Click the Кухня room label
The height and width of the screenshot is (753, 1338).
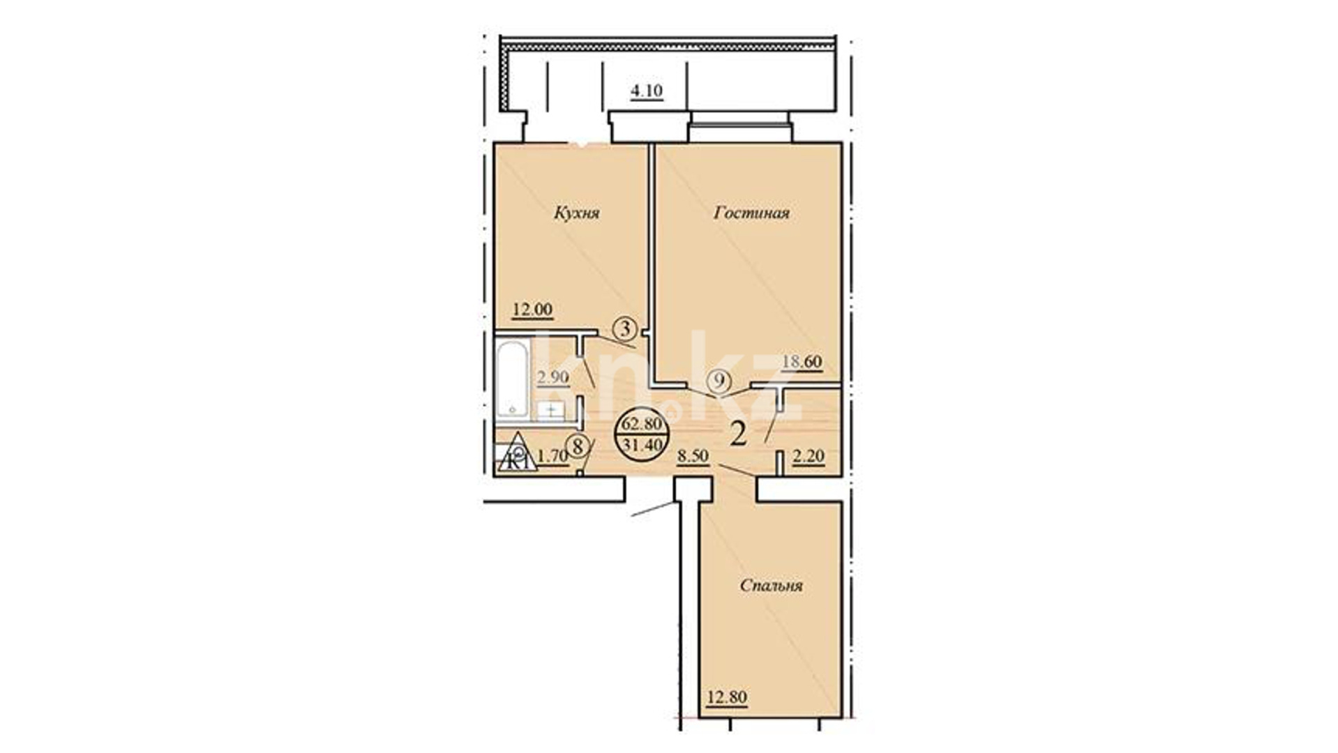pos(577,212)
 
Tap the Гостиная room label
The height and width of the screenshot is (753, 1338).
pos(751,212)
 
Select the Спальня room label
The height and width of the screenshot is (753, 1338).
pos(771,585)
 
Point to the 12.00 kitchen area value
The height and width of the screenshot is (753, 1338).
pos(533,309)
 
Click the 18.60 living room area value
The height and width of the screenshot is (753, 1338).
pos(802,362)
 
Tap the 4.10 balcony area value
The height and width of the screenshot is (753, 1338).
pos(647,91)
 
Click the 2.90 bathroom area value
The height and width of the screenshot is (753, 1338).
pos(553,377)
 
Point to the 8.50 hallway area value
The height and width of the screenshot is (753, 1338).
pos(693,457)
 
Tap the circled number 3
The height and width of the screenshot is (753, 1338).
pos(625,327)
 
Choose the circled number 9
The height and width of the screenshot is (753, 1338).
pos(718,381)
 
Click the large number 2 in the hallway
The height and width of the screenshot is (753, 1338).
pos(739,434)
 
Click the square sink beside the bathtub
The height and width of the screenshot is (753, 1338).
pos(551,409)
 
